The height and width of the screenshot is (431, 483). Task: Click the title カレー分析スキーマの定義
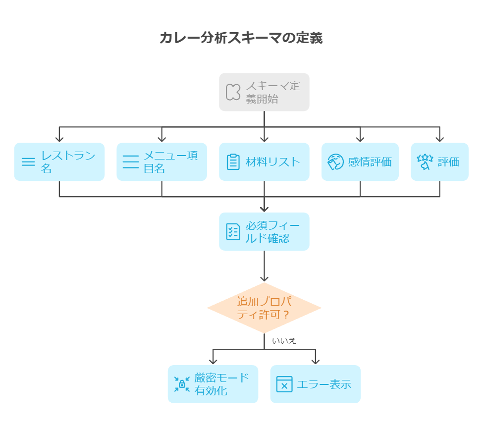coord(241,38)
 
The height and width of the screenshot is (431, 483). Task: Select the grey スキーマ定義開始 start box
coord(264,92)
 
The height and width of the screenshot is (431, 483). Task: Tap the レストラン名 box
coord(59,162)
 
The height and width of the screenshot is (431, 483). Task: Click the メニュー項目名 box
coord(161,162)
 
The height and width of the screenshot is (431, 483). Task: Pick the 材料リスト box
coord(264,162)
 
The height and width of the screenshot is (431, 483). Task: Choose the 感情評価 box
coord(360,162)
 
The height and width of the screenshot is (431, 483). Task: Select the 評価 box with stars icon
coord(439,162)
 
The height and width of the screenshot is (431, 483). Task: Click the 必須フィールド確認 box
coord(264,231)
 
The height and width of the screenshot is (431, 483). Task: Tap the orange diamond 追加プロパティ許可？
coord(264,308)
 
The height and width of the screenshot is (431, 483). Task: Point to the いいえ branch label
coord(284,341)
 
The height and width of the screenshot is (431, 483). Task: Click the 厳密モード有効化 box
coord(213,384)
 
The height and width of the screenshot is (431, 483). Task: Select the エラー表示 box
coord(315,384)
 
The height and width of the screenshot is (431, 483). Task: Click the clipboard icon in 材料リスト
coord(233,162)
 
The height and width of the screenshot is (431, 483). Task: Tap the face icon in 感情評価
coord(335,162)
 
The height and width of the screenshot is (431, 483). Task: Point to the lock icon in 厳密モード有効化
coord(182,384)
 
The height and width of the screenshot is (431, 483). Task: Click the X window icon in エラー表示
coord(284,384)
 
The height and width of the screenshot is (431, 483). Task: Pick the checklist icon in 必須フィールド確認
coord(233,231)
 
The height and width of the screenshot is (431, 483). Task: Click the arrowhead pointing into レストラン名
coord(59,139)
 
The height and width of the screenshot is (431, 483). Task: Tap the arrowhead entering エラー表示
coord(315,361)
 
